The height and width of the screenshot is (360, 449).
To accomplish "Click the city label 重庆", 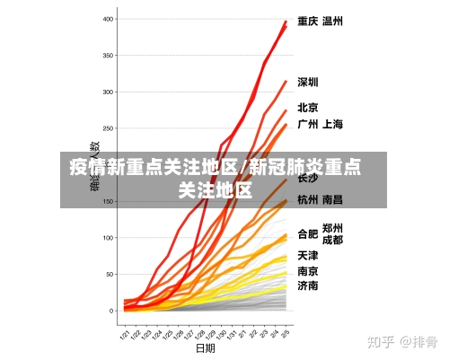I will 308,21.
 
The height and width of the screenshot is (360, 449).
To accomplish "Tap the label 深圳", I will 308,82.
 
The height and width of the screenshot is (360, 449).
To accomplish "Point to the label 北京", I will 308,107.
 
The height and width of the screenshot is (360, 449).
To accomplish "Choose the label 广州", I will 308,124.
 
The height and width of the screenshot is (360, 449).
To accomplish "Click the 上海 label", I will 332,124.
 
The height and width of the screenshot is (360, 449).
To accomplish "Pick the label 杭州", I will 308,199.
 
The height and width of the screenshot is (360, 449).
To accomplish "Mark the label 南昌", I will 332,199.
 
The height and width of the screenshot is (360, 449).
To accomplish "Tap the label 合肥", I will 308,234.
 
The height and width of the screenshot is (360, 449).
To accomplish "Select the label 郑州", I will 332,228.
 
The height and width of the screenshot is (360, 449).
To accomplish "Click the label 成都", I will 332,241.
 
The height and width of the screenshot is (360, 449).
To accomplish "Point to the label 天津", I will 308,256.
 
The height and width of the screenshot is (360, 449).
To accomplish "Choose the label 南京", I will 308,271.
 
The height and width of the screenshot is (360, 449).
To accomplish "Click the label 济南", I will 308,285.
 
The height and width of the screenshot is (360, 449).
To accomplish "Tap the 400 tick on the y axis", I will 109,19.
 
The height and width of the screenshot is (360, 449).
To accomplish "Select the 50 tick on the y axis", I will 110,274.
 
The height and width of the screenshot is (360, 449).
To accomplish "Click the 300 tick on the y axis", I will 109,92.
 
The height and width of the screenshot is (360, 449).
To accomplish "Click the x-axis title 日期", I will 206,347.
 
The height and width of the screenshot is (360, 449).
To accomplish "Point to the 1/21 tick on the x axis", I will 127,332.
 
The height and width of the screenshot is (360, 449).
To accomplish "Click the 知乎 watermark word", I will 383,342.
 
